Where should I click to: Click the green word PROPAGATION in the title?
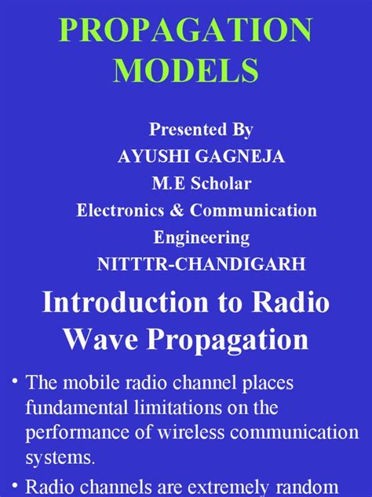click(185, 31)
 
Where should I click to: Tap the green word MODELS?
click(185, 72)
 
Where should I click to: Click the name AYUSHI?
click(151, 156)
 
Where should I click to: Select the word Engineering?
click(185, 237)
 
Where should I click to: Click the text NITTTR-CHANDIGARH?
click(185, 263)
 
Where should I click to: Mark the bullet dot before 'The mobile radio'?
click(13, 382)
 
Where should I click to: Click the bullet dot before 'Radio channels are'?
click(13, 484)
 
